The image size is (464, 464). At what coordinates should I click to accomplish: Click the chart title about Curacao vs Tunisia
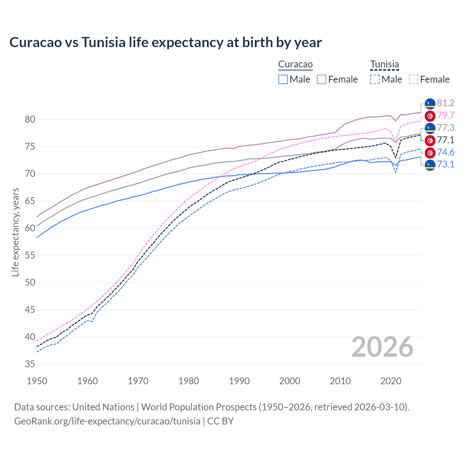(x=165, y=42)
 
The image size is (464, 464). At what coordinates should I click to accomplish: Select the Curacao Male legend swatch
(x=283, y=79)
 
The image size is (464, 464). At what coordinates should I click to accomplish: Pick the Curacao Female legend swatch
(x=322, y=79)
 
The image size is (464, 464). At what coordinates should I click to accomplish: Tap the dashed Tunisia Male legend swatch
(x=375, y=79)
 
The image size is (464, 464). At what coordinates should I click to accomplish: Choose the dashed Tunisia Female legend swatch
(x=414, y=79)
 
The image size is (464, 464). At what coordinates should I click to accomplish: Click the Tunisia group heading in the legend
(x=384, y=65)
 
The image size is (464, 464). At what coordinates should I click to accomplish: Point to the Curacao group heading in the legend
(x=295, y=65)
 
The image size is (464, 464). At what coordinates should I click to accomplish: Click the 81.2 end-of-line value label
(x=446, y=103)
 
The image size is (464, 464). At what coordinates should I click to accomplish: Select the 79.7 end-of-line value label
(x=446, y=116)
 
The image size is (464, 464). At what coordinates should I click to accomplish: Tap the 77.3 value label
(x=446, y=128)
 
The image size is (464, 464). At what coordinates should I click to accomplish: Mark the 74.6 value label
(x=446, y=153)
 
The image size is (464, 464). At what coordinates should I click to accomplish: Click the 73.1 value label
(x=446, y=165)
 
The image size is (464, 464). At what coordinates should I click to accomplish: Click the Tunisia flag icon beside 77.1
(x=430, y=140)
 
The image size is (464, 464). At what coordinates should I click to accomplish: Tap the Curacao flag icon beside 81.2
(x=430, y=103)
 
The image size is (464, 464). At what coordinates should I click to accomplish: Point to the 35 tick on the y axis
(x=30, y=364)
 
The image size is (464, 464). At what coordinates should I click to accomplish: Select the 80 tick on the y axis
(x=30, y=119)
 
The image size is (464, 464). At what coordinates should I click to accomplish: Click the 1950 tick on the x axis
(x=37, y=381)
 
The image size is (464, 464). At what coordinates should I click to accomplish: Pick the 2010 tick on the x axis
(x=340, y=381)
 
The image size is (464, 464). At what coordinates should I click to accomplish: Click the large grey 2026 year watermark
(x=382, y=347)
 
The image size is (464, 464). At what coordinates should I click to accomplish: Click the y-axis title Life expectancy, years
(x=16, y=232)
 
